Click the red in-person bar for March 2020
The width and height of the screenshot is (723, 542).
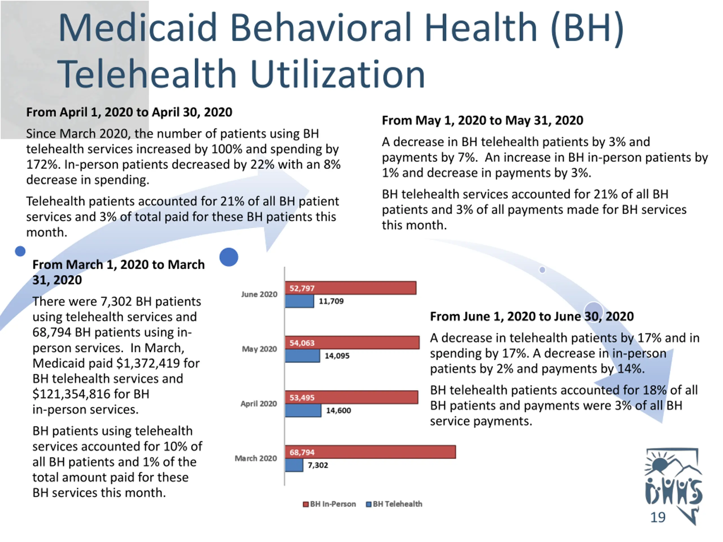click(x=370, y=452)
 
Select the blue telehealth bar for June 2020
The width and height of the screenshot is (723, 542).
click(x=299, y=301)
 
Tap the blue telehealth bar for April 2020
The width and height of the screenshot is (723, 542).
click(x=303, y=410)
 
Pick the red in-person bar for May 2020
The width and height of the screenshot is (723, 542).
click(x=352, y=343)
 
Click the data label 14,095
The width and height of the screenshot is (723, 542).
click(x=337, y=356)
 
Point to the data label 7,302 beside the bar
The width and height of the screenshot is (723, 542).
click(x=318, y=465)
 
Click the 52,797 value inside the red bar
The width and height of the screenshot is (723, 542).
click(x=302, y=288)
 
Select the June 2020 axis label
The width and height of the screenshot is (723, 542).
click(x=259, y=294)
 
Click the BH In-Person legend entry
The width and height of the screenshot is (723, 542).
click(x=330, y=504)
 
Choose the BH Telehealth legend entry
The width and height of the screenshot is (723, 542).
click(x=394, y=504)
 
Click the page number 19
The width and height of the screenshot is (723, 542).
click(x=658, y=517)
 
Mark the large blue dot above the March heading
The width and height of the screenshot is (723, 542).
click(x=229, y=257)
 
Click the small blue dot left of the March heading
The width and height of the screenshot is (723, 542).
click(x=20, y=251)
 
